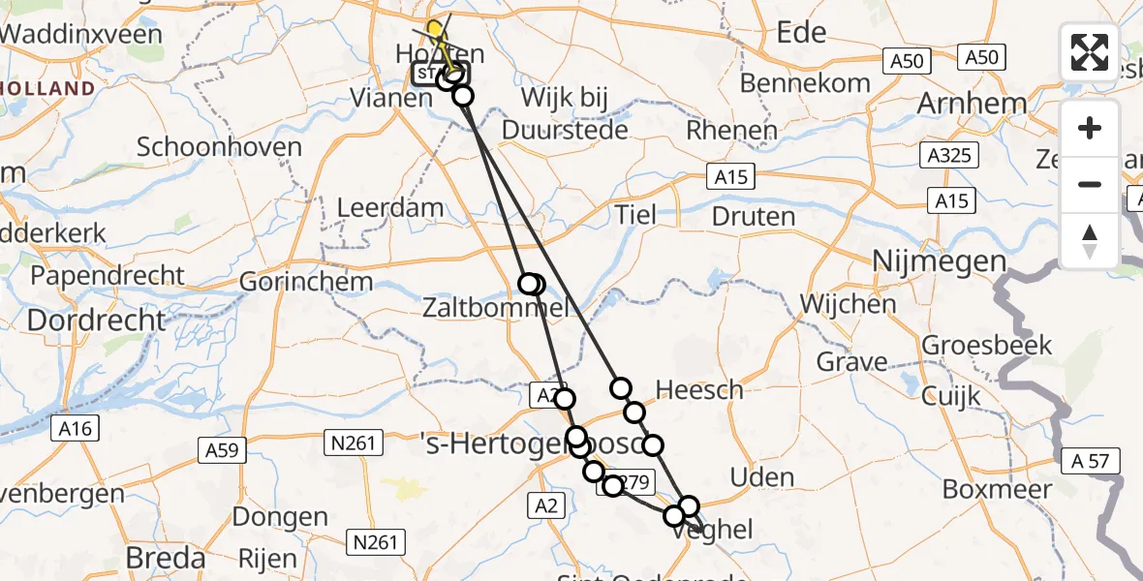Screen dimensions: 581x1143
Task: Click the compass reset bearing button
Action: coord(1090,241)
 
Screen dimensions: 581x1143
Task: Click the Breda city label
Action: coord(166,558)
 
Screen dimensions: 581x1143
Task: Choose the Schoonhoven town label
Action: coord(219,148)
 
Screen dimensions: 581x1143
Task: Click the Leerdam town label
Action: coord(390,207)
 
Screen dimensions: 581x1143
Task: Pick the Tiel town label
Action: coord(634,215)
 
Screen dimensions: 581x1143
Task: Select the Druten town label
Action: coord(754,215)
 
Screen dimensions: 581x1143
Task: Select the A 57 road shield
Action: coord(1092,461)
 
